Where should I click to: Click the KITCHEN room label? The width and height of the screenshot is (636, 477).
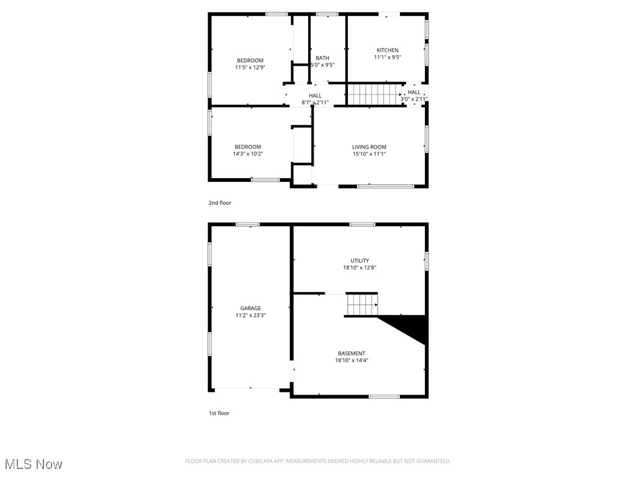pyautogui.click(x=387, y=50)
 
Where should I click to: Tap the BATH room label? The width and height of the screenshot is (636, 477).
pyautogui.click(x=322, y=58)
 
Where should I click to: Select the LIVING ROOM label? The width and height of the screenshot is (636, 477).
pyautogui.click(x=369, y=147)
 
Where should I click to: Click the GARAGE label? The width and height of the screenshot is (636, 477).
pyautogui.click(x=250, y=308)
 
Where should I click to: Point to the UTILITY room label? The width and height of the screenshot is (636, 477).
pyautogui.click(x=360, y=261)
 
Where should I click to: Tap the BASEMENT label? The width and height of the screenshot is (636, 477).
pyautogui.click(x=352, y=353)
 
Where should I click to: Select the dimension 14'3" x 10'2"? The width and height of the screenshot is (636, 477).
pyautogui.click(x=248, y=154)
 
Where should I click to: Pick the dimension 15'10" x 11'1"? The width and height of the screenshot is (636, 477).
pyautogui.click(x=369, y=154)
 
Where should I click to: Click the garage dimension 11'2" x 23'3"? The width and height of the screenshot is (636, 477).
pyautogui.click(x=250, y=316)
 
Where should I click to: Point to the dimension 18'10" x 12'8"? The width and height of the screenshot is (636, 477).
pyautogui.click(x=360, y=268)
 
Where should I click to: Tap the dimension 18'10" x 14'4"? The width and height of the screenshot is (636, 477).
pyautogui.click(x=352, y=360)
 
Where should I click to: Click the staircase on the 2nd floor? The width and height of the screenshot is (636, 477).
pyautogui.click(x=373, y=95)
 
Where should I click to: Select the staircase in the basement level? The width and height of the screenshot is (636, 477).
pyautogui.click(x=362, y=305)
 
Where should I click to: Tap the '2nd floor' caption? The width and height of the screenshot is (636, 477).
pyautogui.click(x=220, y=202)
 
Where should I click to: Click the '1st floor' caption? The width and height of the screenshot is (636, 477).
pyautogui.click(x=219, y=413)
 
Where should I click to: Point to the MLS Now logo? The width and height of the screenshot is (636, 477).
pyautogui.click(x=34, y=464)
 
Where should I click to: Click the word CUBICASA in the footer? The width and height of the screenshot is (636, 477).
pyautogui.click(x=257, y=461)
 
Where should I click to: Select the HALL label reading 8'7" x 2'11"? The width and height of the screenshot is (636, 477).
pyautogui.click(x=315, y=96)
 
